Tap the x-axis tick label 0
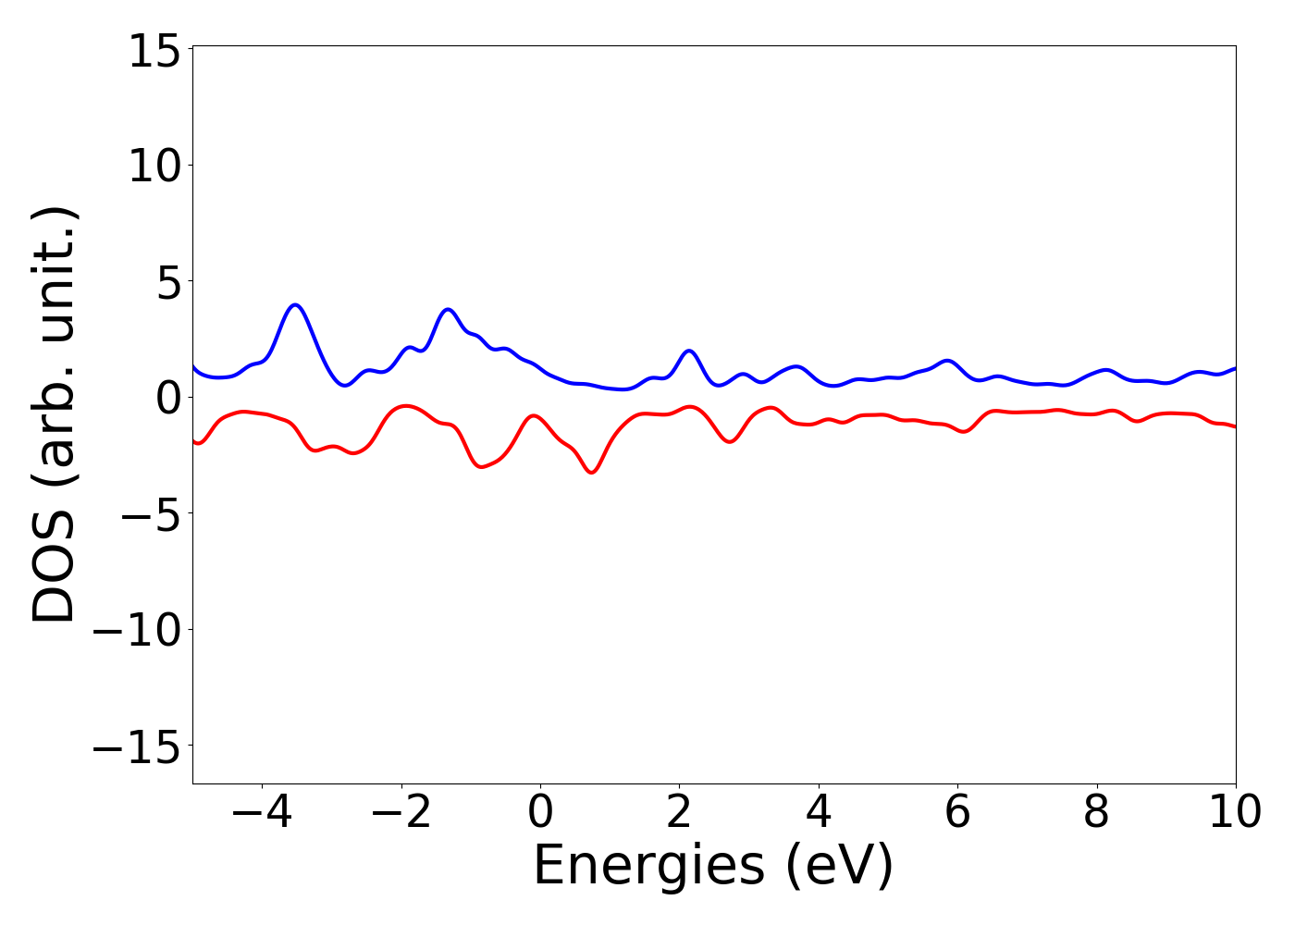(x=540, y=812)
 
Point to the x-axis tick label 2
(x=679, y=812)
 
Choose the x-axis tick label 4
(x=819, y=812)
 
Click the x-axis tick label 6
(x=957, y=812)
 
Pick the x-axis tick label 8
(x=1096, y=812)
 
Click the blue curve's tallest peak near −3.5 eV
(x=295, y=304)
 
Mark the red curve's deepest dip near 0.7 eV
(x=592, y=473)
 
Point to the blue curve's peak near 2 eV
(x=688, y=351)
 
